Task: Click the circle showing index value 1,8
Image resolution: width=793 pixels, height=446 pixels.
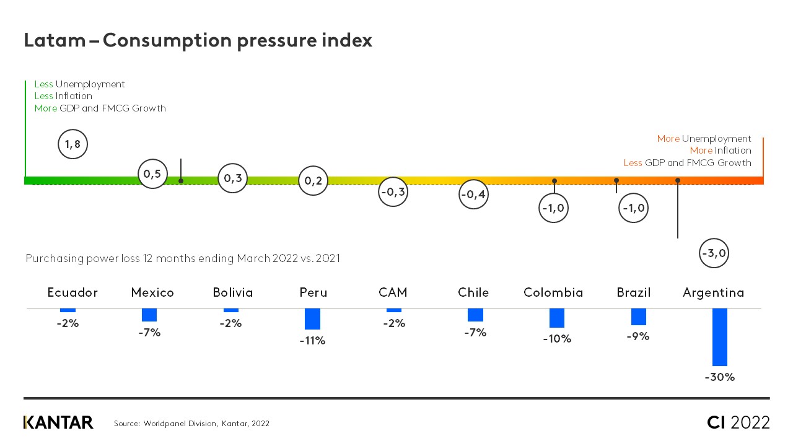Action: click(x=72, y=144)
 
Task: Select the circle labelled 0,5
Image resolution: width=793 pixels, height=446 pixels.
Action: click(x=152, y=174)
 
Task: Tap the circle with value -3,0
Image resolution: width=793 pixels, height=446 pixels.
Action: click(x=714, y=253)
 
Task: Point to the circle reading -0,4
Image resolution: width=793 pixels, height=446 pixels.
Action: click(x=473, y=195)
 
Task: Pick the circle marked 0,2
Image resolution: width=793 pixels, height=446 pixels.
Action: click(x=313, y=181)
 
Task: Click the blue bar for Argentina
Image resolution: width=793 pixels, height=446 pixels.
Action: click(x=719, y=337)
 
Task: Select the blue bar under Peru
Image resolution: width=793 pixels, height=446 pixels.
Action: click(x=312, y=319)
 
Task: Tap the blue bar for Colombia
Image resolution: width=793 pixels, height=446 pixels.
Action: click(x=556, y=318)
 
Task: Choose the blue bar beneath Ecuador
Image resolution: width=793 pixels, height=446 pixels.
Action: click(x=68, y=310)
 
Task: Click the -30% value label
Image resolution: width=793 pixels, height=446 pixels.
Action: click(x=719, y=377)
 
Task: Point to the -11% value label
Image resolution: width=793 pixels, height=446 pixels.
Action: click(x=312, y=341)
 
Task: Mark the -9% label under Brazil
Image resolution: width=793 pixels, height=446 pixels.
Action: click(x=637, y=336)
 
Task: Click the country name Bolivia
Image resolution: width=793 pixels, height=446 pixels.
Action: click(x=233, y=292)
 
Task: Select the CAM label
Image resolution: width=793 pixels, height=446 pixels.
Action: click(x=393, y=292)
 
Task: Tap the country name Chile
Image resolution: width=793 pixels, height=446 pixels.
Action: click(x=473, y=292)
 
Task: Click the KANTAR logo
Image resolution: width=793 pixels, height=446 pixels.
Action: click(x=58, y=422)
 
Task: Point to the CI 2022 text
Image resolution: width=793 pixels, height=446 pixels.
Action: click(x=738, y=422)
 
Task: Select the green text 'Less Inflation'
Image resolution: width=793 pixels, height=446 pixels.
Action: click(x=63, y=96)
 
